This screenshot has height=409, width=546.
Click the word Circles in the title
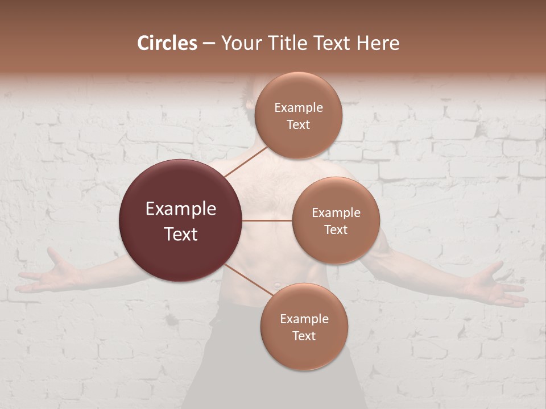pos(167,43)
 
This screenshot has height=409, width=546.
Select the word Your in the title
pos(239,43)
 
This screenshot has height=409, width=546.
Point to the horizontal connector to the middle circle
pos(267,220)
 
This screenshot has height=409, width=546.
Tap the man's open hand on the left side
pos(48,277)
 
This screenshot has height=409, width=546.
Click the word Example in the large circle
pos(180,209)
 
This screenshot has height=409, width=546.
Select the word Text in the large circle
pos(180,234)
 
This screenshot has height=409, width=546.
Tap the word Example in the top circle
pos(298,108)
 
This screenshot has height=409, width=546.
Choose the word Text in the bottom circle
pos(304,336)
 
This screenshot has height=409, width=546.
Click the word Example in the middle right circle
pos(336,213)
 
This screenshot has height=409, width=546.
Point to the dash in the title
pos(209,44)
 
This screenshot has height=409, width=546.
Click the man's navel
pos(276,283)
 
